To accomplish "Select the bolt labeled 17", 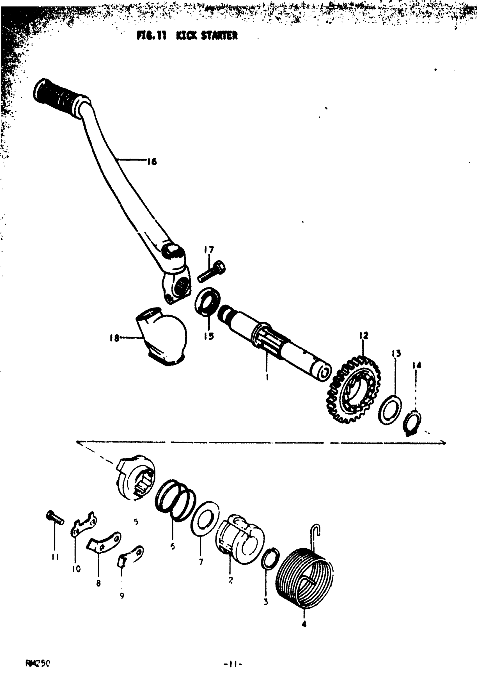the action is pos(211,271).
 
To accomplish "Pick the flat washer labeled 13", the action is pos(390,410).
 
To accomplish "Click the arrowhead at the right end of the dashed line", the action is pos(443,443).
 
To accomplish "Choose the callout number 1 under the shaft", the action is pos(267,377).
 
